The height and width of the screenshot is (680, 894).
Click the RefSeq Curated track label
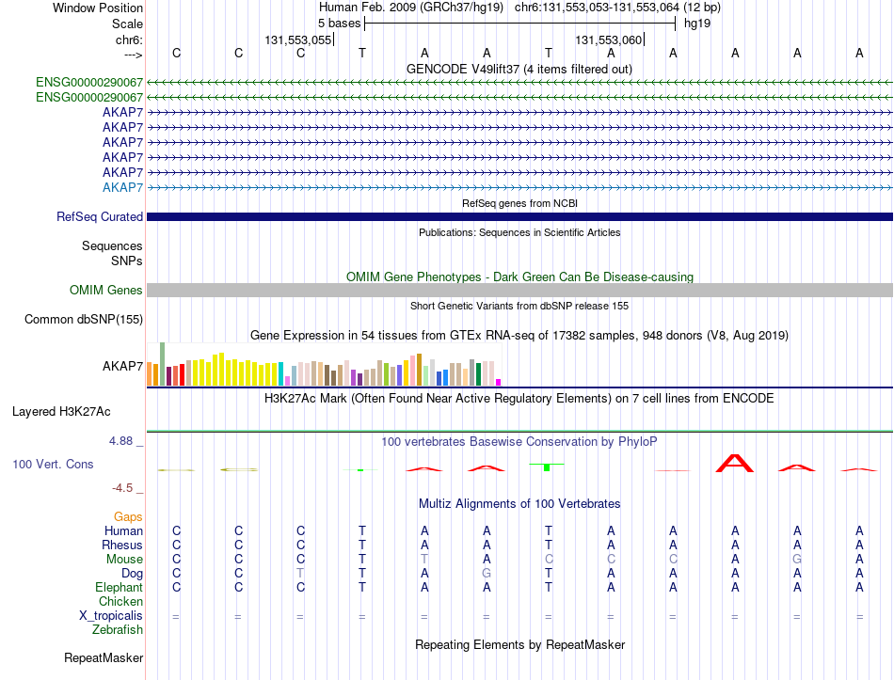[100, 216]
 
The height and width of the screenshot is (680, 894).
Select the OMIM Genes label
[106, 290]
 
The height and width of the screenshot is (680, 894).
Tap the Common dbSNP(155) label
[84, 319]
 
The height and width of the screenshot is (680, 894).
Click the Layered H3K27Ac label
[61, 412]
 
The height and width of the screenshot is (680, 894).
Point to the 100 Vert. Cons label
[53, 464]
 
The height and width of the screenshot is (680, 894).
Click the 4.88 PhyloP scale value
[120, 440]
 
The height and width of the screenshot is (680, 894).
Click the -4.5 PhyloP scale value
[122, 488]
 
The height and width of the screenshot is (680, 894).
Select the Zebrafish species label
[118, 630]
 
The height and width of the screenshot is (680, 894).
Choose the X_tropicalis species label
[111, 616]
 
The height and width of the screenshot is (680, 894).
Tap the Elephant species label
[120, 588]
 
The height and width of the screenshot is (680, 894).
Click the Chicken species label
[120, 601]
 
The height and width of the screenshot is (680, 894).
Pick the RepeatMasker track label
[104, 657]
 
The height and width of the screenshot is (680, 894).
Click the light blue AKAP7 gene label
[122, 187]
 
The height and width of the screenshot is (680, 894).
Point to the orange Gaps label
[128, 517]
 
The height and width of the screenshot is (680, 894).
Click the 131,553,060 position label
[608, 40]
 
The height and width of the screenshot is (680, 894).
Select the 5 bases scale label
[339, 24]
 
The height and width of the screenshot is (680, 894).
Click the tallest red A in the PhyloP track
[735, 463]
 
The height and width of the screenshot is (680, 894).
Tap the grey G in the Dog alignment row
[487, 573]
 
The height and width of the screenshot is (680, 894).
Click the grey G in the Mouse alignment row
[797, 560]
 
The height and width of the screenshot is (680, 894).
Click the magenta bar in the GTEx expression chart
[499, 383]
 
